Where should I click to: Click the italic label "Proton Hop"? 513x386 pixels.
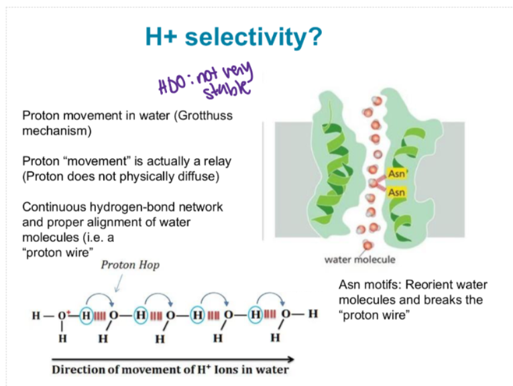[130, 265]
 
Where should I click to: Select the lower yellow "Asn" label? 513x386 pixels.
[396, 192]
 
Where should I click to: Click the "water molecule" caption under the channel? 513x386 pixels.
[359, 259]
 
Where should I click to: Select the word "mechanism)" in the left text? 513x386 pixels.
[56, 131]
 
